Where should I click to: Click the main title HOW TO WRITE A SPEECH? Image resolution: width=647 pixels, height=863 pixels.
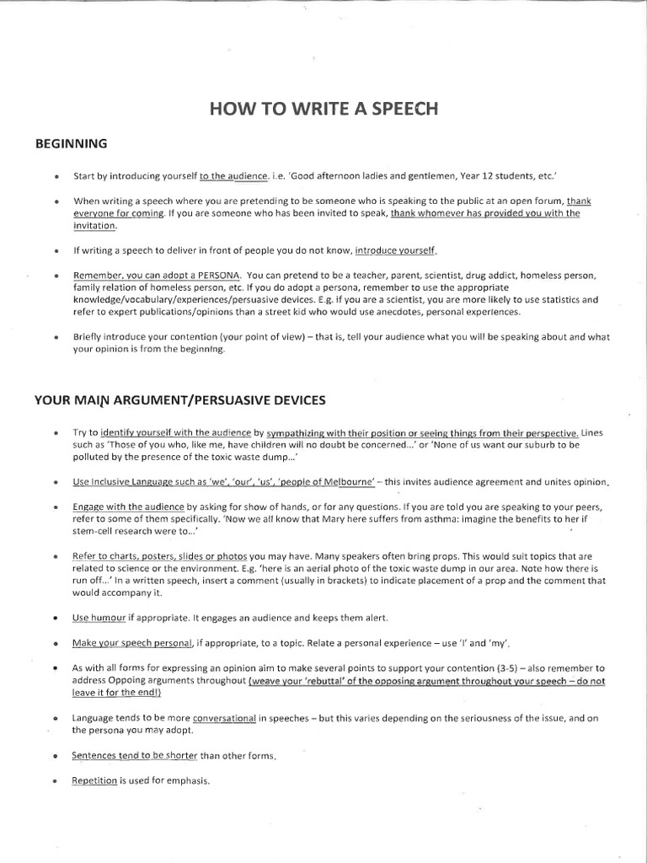pyautogui.click(x=323, y=109)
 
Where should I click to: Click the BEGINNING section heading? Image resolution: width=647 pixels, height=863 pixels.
pyautogui.click(x=71, y=143)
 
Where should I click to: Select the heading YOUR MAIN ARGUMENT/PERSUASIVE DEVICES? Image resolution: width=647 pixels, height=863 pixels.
pyautogui.click(x=179, y=399)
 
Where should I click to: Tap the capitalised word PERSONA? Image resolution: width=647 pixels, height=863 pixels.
pyautogui.click(x=219, y=276)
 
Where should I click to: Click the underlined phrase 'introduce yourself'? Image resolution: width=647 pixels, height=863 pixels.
pyautogui.click(x=396, y=250)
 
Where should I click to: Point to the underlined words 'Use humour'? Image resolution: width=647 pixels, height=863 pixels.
pyautogui.click(x=99, y=618)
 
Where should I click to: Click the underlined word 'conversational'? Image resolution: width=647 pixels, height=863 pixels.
pyautogui.click(x=224, y=718)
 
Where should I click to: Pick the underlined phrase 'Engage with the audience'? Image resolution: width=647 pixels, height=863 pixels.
pyautogui.click(x=129, y=507)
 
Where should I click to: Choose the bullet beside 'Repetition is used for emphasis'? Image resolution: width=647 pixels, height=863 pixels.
pyautogui.click(x=55, y=781)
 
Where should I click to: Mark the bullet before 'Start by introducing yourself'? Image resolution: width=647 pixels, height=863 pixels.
pyautogui.click(x=55, y=177)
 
